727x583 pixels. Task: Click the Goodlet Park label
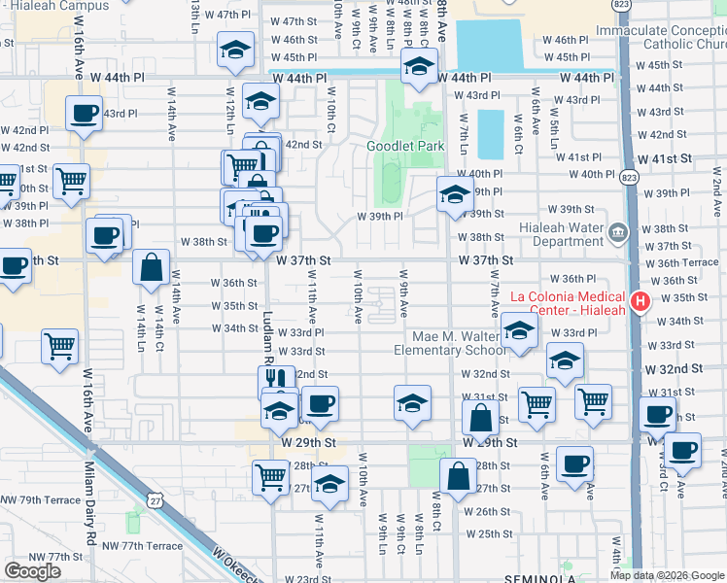coord(405,147)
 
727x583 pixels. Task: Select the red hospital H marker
coord(640,302)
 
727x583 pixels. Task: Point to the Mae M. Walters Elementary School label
coord(449,343)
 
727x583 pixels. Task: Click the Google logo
coord(32,571)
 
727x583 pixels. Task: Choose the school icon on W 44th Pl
coord(419,66)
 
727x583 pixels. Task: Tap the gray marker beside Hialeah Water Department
coord(618,232)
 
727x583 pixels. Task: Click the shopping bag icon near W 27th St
coord(457,476)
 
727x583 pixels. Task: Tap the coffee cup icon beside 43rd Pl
coord(85,113)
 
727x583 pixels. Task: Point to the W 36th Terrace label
coord(687,262)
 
